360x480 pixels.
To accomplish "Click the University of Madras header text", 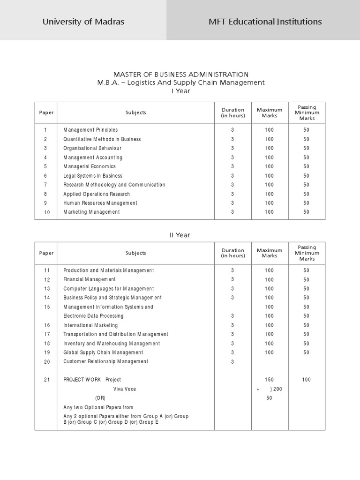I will click(83, 22).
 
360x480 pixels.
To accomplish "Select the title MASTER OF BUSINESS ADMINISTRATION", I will click(180, 75).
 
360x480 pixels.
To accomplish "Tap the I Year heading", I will click(180, 91).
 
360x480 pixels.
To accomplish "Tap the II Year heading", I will click(180, 235).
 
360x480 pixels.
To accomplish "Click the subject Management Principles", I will click(90, 130).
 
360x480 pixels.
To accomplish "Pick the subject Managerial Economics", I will click(90, 166).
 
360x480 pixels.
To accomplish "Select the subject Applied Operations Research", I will click(97, 194).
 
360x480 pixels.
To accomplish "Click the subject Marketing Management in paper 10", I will click(91, 212).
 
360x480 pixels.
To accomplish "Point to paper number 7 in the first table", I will click(46, 185).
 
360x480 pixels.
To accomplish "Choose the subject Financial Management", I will click(89, 279).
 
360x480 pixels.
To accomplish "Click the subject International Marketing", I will click(90, 325).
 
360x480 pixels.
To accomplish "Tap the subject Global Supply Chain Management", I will click(103, 352).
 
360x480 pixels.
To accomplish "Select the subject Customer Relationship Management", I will click(105, 361).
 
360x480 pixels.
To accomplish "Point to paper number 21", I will click(46, 380).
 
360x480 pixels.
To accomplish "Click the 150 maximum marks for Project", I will click(269, 380).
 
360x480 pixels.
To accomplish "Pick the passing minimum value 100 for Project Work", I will click(306, 380).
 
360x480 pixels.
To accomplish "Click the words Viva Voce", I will click(125, 389).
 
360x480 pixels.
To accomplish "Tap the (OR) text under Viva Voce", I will click(100, 398).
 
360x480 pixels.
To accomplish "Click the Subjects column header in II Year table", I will click(135, 253).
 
